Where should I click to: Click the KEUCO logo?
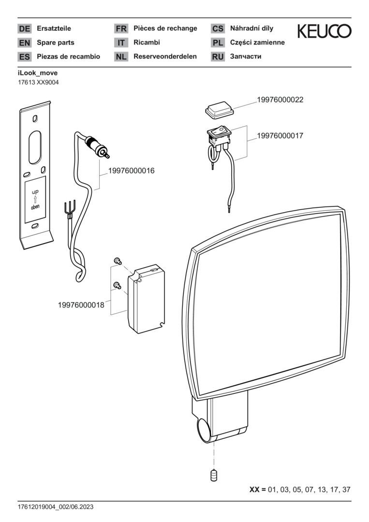point(324,31)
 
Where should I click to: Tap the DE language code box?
point(24,29)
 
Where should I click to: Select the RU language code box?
point(218,57)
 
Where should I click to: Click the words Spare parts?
point(56,43)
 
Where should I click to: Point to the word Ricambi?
point(147,43)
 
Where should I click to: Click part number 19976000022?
point(280,100)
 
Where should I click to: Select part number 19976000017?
point(280,136)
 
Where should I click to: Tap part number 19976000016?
point(131,171)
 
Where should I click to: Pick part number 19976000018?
point(81,305)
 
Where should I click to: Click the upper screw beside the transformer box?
point(117,261)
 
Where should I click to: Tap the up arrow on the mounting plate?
point(35,199)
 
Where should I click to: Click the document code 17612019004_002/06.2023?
point(56,507)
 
